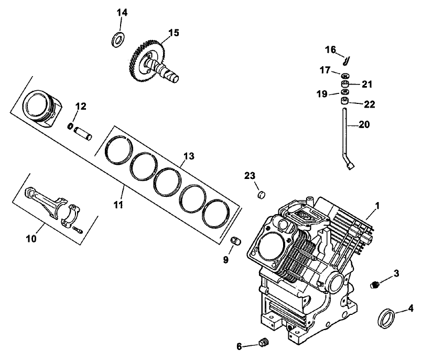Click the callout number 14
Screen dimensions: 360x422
point(122,12)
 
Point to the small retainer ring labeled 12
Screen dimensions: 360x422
point(69,125)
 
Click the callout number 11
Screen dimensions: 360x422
point(118,204)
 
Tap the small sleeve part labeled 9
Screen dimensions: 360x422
point(236,241)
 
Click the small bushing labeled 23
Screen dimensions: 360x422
point(258,196)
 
